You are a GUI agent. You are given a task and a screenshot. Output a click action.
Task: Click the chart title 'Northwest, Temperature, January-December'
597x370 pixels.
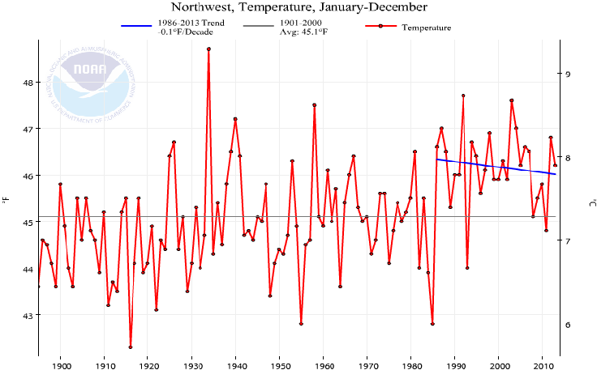pyautogui.click(x=298, y=8)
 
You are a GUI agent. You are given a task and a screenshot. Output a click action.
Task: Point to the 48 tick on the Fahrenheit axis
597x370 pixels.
pyautogui.click(x=27, y=83)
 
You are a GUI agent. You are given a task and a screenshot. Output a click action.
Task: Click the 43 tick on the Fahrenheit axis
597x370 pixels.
pyautogui.click(x=27, y=315)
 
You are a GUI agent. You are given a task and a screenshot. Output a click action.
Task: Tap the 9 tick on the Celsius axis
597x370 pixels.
pyautogui.click(x=569, y=74)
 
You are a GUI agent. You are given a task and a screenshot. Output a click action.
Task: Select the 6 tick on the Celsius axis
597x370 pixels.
pyautogui.click(x=569, y=325)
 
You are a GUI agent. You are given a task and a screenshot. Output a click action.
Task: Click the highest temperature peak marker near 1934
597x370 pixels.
pyautogui.click(x=209, y=49)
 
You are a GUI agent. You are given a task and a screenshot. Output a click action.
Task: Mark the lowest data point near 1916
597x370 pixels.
pyautogui.click(x=131, y=347)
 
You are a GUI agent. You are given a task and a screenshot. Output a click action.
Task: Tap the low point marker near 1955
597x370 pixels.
pyautogui.click(x=301, y=324)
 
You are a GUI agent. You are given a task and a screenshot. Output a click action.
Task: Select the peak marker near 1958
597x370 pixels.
pyautogui.click(x=314, y=104)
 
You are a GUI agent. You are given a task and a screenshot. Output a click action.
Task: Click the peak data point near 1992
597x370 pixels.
pyautogui.click(x=463, y=96)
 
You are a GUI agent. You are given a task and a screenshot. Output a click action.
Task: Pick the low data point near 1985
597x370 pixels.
pyautogui.click(x=432, y=324)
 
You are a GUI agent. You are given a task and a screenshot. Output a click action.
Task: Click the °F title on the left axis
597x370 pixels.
pyautogui.click(x=7, y=199)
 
